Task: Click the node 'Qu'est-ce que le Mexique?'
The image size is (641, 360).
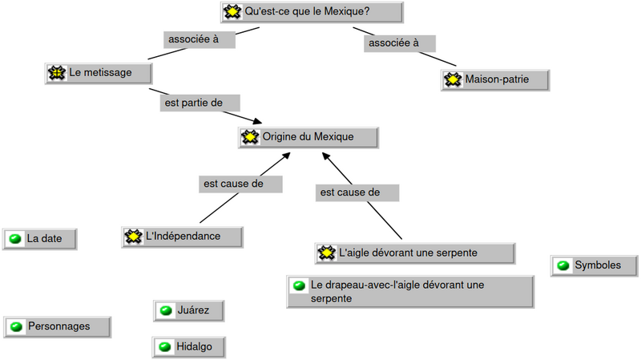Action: coord(311,12)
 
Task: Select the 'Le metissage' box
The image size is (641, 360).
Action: coord(99,73)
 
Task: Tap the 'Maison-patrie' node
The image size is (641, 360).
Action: coord(496,80)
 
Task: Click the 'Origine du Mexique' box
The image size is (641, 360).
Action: coord(308,137)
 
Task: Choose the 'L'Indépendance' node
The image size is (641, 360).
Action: coord(183,236)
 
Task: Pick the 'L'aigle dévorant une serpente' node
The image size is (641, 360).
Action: coord(415,253)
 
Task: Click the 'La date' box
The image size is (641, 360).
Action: coord(40,238)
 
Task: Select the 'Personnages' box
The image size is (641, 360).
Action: coord(58,326)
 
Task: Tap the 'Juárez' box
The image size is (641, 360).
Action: coord(187,310)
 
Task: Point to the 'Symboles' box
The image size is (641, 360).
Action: coord(595,265)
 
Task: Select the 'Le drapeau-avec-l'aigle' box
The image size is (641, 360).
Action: coord(410,291)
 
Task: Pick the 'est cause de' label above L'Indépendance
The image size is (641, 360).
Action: coord(240,184)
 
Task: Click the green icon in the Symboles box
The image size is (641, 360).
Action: coord(563,265)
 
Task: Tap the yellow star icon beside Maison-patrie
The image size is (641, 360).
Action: coord(454,80)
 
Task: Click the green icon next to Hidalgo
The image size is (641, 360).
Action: coord(166,346)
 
